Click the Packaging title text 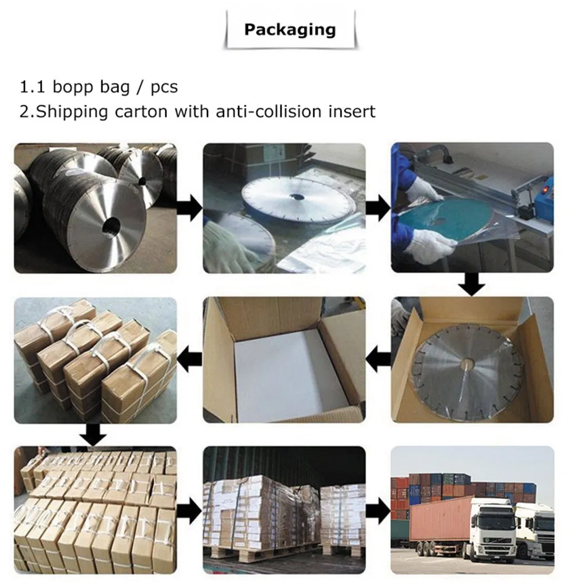pyautogui.click(x=290, y=30)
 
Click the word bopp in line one pyautogui.click(x=73, y=87)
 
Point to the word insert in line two pyautogui.click(x=352, y=111)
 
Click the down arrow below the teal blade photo pyautogui.click(x=472, y=284)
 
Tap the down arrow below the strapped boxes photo pyautogui.click(x=93, y=435)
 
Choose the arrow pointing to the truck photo pyautogui.click(x=378, y=511)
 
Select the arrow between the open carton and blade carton pyautogui.click(x=378, y=359)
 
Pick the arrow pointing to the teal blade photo pyautogui.click(x=378, y=208)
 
